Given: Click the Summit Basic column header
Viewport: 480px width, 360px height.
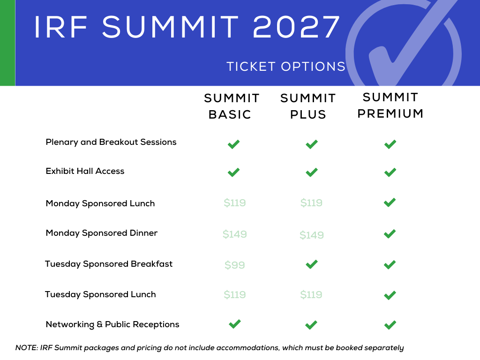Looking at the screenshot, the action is pyautogui.click(x=232, y=106).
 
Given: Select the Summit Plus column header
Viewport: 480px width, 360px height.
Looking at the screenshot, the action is pyautogui.click(x=308, y=106).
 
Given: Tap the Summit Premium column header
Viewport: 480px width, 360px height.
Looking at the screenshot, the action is pyautogui.click(x=390, y=105).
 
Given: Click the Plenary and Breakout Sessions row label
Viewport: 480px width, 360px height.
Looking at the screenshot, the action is pyautogui.click(x=111, y=142).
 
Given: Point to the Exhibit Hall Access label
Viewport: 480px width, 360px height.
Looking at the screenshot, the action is pyautogui.click(x=85, y=171).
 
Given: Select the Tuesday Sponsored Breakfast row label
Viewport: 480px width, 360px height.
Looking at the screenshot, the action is pyautogui.click(x=109, y=264).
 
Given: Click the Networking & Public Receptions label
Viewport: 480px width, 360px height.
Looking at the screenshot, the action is pyautogui.click(x=112, y=324).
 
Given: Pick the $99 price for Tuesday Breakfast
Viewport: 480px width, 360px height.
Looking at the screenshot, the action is pyautogui.click(x=235, y=265).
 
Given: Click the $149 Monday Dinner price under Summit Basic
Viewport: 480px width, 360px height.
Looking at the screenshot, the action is pyautogui.click(x=235, y=234).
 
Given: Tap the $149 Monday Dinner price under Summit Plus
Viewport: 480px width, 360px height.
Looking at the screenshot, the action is pyautogui.click(x=312, y=235).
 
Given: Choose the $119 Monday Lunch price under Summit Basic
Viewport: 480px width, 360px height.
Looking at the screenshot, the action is pyautogui.click(x=235, y=202).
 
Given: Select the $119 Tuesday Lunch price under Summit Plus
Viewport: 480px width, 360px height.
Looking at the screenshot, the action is pyautogui.click(x=311, y=294).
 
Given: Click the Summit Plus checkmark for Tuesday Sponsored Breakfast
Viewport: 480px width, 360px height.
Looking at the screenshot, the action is pyautogui.click(x=312, y=264).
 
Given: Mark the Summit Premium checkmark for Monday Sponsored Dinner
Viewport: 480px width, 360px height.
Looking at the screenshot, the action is pyautogui.click(x=390, y=234).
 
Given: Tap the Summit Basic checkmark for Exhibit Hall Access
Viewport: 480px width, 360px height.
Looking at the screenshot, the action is pyautogui.click(x=233, y=172).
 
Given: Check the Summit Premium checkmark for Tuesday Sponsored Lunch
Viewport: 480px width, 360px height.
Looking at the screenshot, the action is pyautogui.click(x=390, y=295).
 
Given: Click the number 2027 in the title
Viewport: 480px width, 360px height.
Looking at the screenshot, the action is pyautogui.click(x=296, y=27).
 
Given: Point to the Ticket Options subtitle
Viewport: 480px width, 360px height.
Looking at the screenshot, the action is pyautogui.click(x=286, y=67).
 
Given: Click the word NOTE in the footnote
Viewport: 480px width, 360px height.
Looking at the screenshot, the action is pyautogui.click(x=27, y=348).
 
